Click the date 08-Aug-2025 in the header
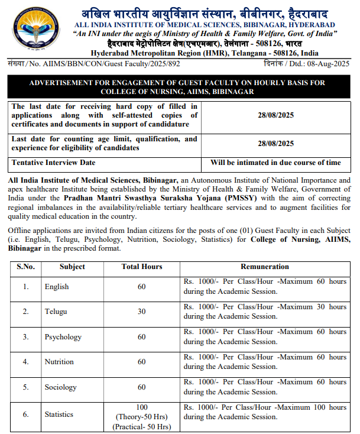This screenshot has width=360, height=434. tap(331, 63)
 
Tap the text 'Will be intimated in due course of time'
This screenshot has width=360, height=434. tap(276, 163)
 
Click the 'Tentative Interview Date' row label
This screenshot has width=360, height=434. tap(54, 163)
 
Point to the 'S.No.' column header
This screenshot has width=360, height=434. tap(25, 267)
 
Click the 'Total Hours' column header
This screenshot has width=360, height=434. tap(142, 267)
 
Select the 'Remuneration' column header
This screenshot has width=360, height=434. tap(265, 267)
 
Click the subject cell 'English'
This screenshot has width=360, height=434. tap(57, 286)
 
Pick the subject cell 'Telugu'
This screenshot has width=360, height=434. tap(56, 312)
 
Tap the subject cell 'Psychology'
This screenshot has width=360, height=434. tap(63, 336)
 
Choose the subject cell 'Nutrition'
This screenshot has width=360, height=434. tap(59, 361)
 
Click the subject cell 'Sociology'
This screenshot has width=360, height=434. tap(61, 387)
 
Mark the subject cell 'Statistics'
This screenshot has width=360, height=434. tap(59, 414)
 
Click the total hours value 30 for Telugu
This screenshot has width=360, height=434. tap(142, 312)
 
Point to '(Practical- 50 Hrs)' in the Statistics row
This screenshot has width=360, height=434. tap(142, 426)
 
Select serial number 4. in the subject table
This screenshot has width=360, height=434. tap(25, 361)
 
